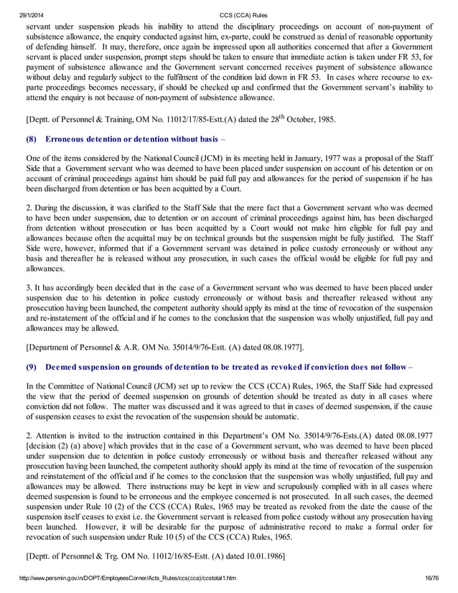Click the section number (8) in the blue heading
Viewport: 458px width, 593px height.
31,138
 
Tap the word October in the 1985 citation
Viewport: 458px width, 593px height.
272,119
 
